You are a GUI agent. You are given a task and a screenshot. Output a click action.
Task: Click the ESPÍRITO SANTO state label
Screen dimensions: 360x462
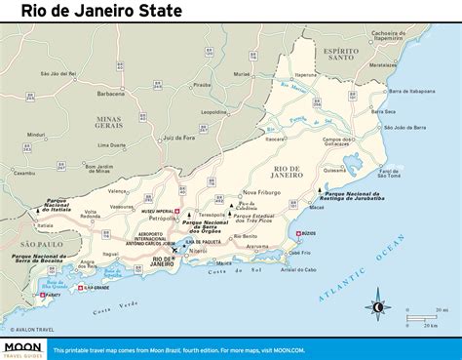pos(342,56)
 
